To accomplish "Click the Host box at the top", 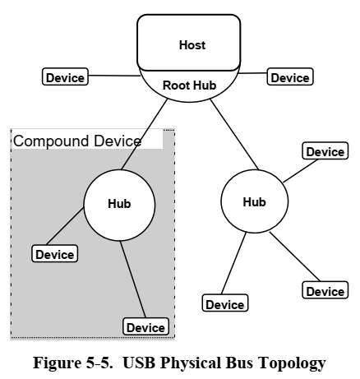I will click(x=192, y=44).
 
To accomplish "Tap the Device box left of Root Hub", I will click(x=65, y=77).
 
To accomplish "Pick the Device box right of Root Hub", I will click(x=290, y=77).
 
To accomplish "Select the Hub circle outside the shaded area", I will click(x=255, y=202).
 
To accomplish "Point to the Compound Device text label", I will click(x=77, y=141).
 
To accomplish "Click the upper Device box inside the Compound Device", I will click(x=54, y=254).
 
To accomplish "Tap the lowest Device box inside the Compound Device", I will click(x=145, y=327).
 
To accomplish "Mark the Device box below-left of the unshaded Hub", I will click(x=224, y=304).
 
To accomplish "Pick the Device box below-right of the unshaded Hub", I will click(x=325, y=291).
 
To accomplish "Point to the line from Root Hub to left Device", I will click(x=114, y=76).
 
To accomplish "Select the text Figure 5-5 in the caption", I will click(x=67, y=363).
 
